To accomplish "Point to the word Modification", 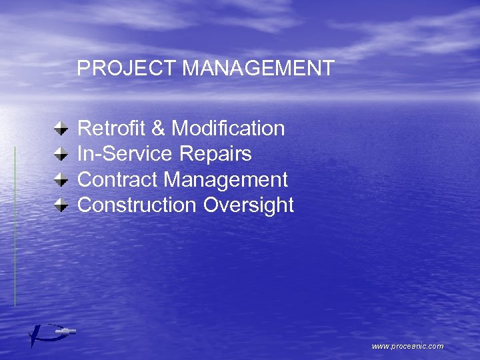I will [x=229, y=128].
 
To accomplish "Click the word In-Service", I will [x=125, y=154].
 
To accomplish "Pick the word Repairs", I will [x=215, y=154].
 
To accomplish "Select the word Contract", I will [x=117, y=179].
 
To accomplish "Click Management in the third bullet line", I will [x=226, y=180].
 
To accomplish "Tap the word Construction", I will [x=137, y=205].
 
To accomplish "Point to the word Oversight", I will [x=248, y=205].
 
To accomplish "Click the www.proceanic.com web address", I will [x=407, y=346].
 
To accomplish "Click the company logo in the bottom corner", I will [x=50, y=333].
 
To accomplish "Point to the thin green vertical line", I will [x=15, y=227].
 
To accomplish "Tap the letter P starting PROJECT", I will [x=83, y=68].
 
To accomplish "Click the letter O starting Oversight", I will [x=211, y=205].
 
